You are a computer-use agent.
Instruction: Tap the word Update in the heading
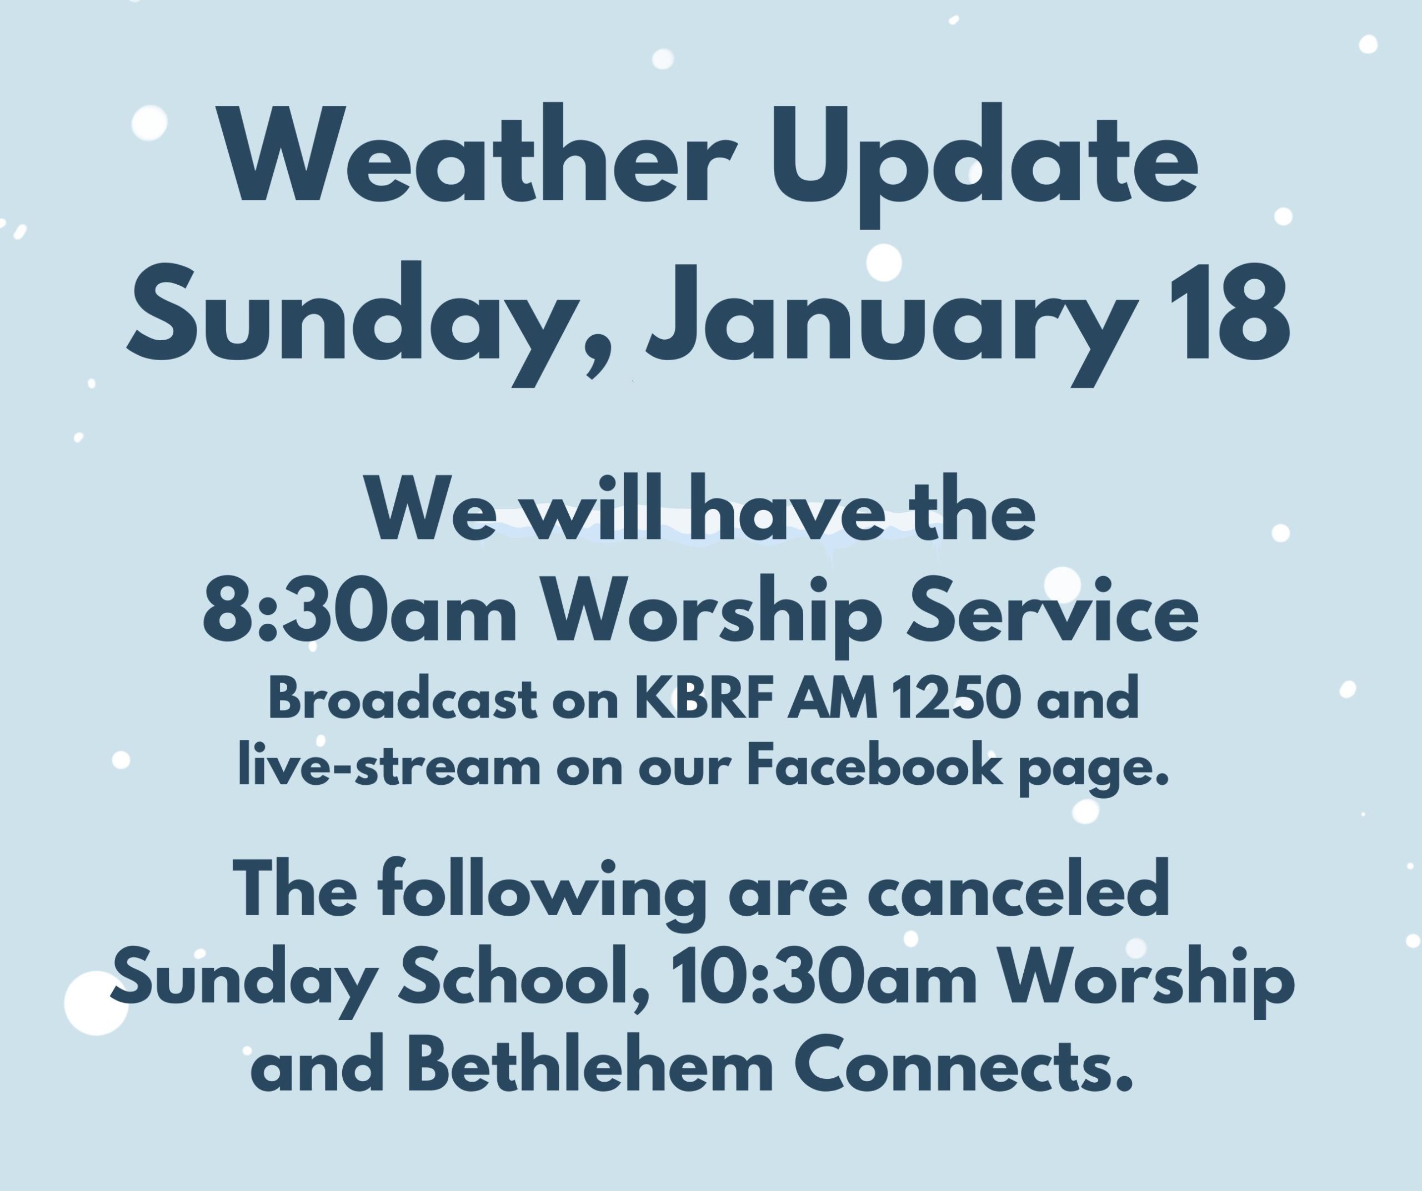click(986, 166)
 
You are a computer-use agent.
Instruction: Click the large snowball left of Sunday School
click(96, 1003)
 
